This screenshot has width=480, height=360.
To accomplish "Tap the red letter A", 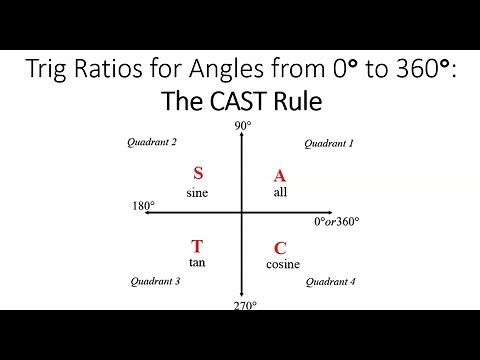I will (x=280, y=176).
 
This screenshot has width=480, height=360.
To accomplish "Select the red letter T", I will (x=197, y=246).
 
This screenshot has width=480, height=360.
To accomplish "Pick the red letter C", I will (x=280, y=248).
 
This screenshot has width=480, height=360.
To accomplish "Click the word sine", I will (x=197, y=192).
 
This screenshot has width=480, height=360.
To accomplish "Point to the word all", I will (x=280, y=192).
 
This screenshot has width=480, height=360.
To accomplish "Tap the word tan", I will (x=197, y=262).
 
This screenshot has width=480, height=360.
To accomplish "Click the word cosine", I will (x=282, y=264).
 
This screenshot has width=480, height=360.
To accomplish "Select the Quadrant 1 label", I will (x=329, y=143).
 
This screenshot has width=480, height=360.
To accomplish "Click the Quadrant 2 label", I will (x=153, y=142).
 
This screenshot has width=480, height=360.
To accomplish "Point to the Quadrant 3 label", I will (x=155, y=281).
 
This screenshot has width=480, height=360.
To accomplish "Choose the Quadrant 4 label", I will (x=330, y=282).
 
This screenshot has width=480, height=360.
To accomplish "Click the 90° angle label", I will (x=241, y=125).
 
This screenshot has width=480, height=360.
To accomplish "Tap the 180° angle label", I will (x=143, y=207).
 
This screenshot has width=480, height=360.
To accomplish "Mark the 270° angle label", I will (x=245, y=305).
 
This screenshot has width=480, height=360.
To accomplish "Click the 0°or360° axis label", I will (x=337, y=221).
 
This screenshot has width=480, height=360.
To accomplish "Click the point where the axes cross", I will (x=241, y=212).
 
